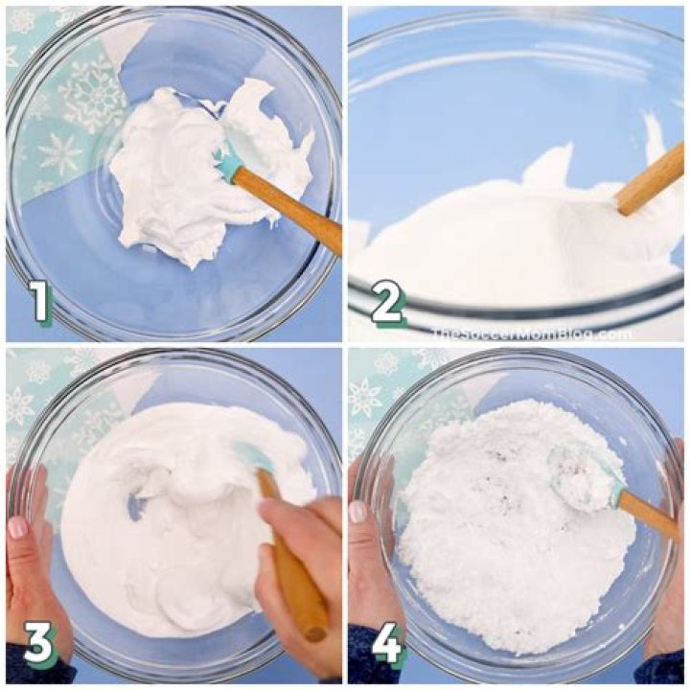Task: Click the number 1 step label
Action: pos(39,302)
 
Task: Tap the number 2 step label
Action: pos(386,304)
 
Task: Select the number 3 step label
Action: pos(39,646)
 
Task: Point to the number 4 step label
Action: pos(386,646)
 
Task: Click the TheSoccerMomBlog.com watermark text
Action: pos(531,333)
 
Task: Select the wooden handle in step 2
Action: pos(651,179)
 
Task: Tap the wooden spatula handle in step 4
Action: pos(648,516)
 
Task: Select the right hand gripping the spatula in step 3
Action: pos(302,537)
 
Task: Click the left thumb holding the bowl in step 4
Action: pos(358,513)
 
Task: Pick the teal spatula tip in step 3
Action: pos(251,460)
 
